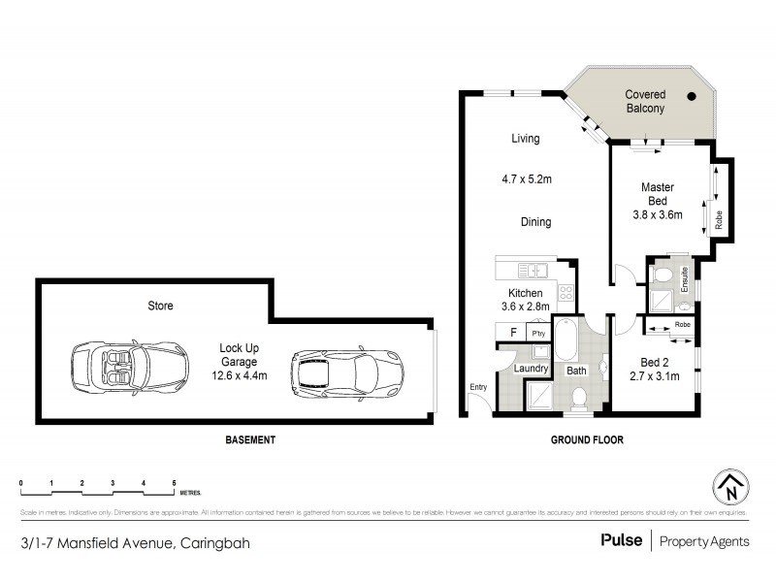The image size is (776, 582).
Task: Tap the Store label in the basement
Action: coord(160,306)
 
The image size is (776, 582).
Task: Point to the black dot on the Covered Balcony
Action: coord(692,96)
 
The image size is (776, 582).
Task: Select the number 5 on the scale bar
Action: coord(174,482)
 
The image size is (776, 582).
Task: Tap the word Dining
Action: coord(535,222)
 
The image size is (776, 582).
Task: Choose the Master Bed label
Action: coord(657,193)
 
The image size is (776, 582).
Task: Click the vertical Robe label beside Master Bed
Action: coord(719,220)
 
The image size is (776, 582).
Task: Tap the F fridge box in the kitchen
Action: coord(512,332)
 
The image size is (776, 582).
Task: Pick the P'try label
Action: coord(538,333)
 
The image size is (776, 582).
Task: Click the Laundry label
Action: coord(531,369)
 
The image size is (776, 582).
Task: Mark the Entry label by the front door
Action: coord(478,388)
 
